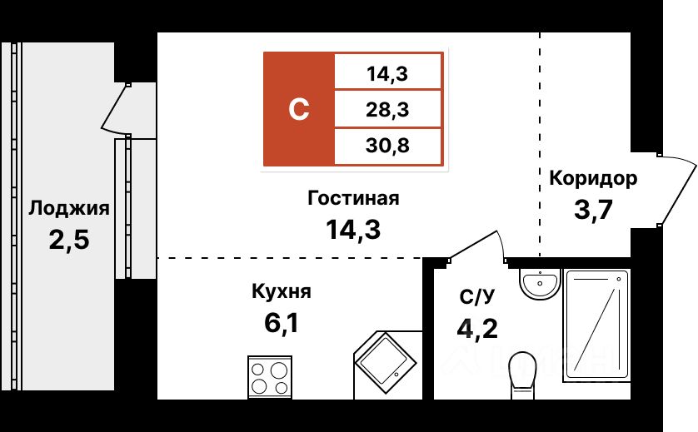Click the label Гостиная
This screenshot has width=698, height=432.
[x=353, y=198]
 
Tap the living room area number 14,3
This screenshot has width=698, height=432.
[x=353, y=229]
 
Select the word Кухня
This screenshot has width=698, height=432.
[x=281, y=291]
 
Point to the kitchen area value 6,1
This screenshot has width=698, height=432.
[x=281, y=321]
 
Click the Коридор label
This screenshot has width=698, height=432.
[x=593, y=178]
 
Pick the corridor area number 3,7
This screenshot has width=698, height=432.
[x=593, y=209]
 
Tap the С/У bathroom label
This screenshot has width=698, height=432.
[x=478, y=297]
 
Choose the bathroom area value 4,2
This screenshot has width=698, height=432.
[x=478, y=328]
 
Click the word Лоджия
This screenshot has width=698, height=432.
[x=68, y=208]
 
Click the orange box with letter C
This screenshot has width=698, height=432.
[x=299, y=108]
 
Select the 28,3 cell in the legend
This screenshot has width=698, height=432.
[x=389, y=108]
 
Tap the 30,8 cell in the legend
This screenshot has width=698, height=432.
[x=389, y=146]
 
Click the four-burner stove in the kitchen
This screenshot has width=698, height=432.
[x=269, y=376]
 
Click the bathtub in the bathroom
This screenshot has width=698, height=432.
[x=595, y=324]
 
